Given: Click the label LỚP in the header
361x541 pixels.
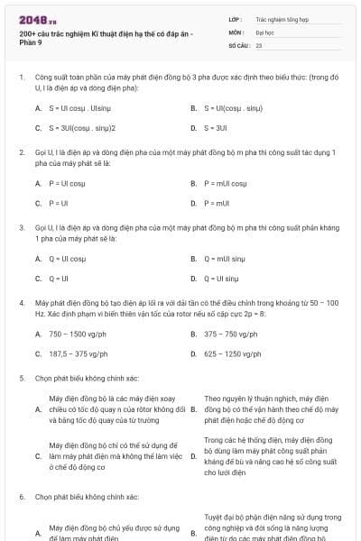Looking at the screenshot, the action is click(235, 18).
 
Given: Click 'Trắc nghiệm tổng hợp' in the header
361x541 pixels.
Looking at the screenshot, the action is click(280, 18).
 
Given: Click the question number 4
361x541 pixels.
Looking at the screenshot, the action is click(21, 302).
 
